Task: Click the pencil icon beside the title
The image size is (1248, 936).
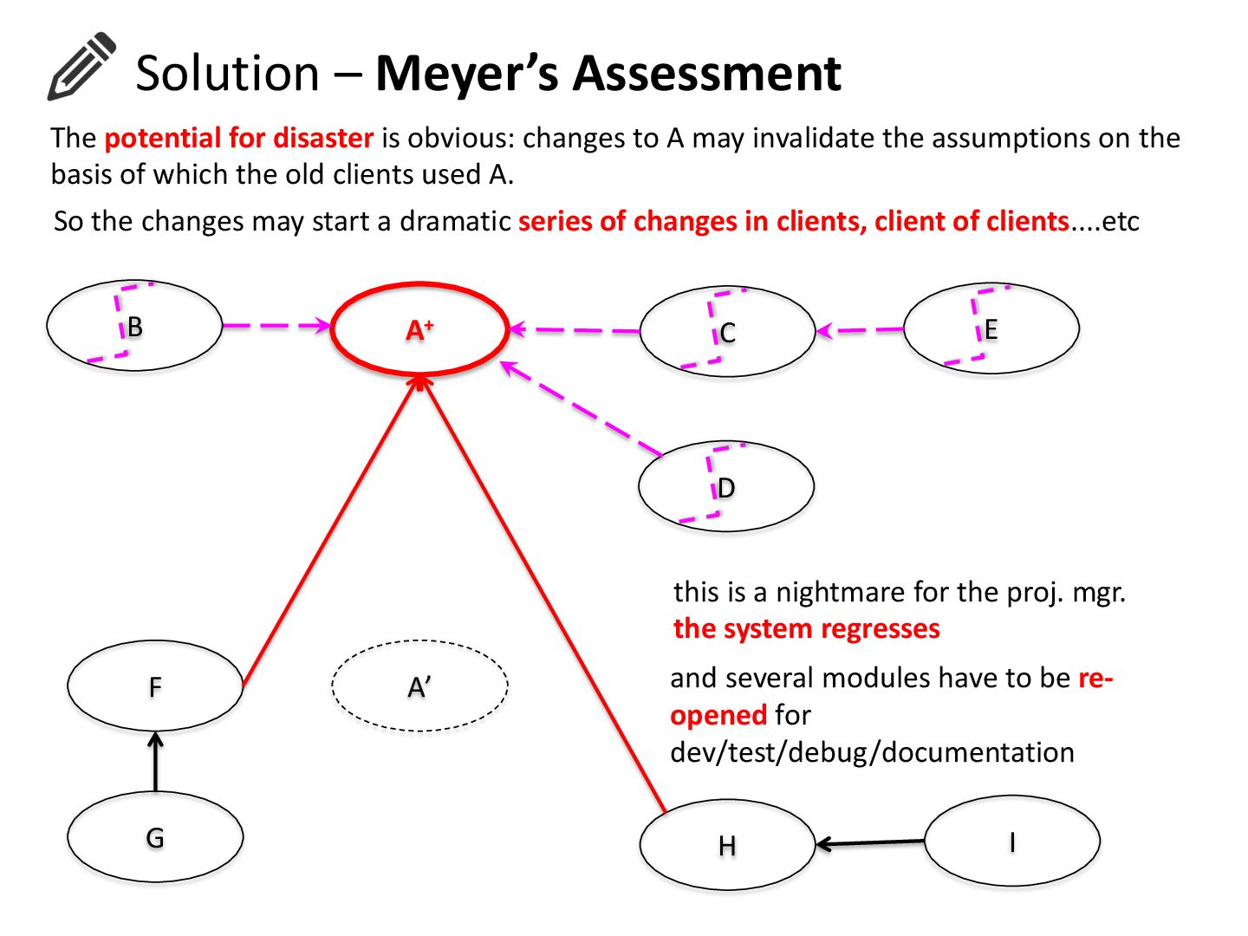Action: point(81,66)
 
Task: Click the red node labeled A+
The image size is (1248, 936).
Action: point(419,329)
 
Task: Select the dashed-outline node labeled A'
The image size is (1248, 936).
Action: point(419,686)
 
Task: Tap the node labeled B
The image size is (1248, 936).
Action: point(134,327)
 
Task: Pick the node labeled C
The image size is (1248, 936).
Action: point(727,332)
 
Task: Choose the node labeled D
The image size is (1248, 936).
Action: point(726,487)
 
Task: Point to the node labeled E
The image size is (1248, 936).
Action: point(991,329)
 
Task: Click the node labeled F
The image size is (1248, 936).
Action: point(155,686)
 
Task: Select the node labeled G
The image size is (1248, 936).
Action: point(155,837)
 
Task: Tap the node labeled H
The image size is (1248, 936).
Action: point(727,845)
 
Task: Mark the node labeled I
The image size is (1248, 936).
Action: point(1011,842)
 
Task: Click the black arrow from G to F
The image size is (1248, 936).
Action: point(156,762)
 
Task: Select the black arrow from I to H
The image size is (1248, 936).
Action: point(870,842)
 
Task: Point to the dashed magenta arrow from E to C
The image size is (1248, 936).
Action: point(860,330)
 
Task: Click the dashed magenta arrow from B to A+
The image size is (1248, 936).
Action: point(276,326)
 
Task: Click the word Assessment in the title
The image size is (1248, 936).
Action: point(706,73)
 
